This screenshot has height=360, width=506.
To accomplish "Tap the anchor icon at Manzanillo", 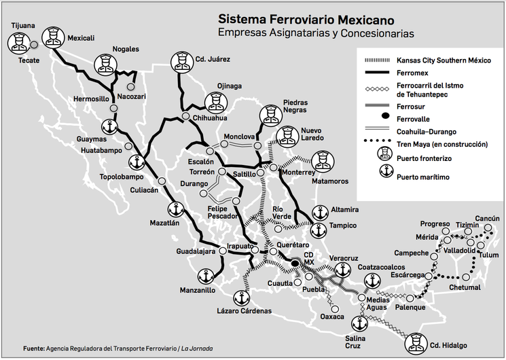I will (x=204, y=276).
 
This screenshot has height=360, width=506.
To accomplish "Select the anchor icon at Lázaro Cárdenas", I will (x=241, y=298).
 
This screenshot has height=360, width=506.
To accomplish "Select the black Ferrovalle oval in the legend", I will (x=384, y=118).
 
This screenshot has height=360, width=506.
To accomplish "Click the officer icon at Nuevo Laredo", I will (x=286, y=135).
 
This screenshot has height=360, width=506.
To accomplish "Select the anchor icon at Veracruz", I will (x=344, y=269).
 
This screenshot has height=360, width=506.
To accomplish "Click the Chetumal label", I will (x=465, y=288).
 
